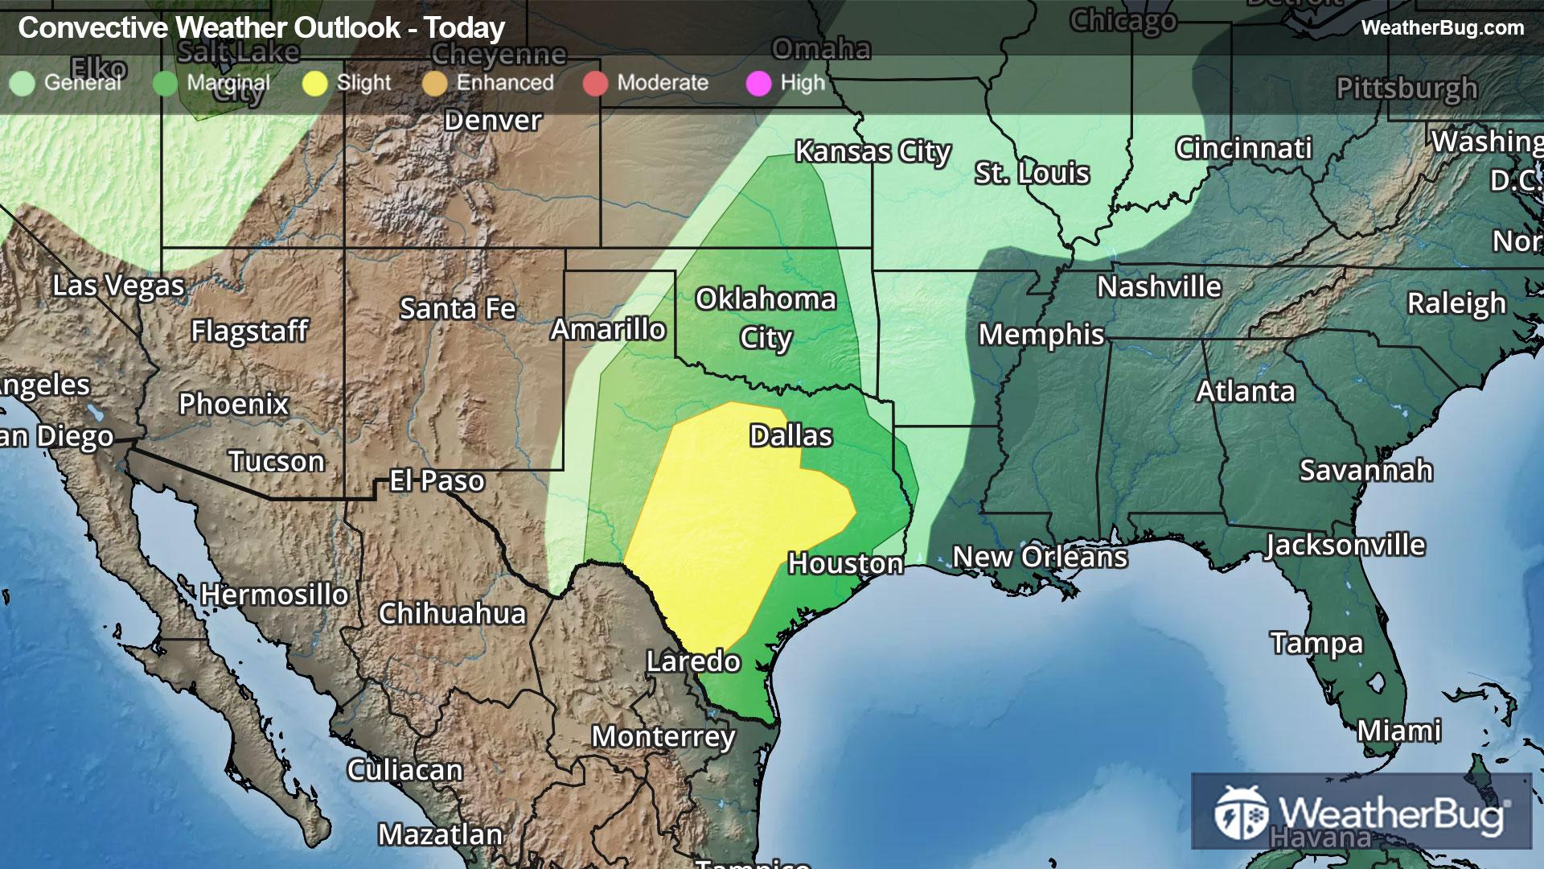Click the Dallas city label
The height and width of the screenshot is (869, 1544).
tap(790, 435)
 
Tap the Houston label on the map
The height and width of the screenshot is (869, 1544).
tap(845, 563)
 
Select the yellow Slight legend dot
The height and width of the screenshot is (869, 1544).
tap(315, 83)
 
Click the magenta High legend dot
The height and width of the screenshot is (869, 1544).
tap(758, 83)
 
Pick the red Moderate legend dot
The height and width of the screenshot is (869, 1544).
tap(595, 83)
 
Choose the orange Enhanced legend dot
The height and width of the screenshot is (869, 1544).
tap(434, 83)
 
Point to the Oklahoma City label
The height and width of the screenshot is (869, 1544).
tap(766, 318)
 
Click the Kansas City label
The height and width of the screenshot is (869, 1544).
tap(873, 151)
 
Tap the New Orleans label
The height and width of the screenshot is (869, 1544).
tap(1040, 557)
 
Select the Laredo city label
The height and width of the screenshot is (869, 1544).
tap(693, 661)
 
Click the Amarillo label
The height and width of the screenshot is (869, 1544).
tap(608, 329)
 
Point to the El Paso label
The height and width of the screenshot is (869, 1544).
tap(437, 481)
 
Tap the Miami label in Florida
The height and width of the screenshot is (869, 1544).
tap(1399, 731)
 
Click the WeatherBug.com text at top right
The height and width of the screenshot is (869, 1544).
tap(1442, 28)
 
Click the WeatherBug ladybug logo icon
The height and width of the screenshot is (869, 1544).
tap(1241, 813)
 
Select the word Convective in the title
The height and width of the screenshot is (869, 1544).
tap(93, 28)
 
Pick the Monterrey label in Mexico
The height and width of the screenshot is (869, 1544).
tap(663, 736)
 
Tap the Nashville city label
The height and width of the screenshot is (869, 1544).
tap(1159, 286)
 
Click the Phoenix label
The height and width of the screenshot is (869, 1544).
tap(233, 403)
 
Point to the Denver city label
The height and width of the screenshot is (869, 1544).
tap(493, 121)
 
